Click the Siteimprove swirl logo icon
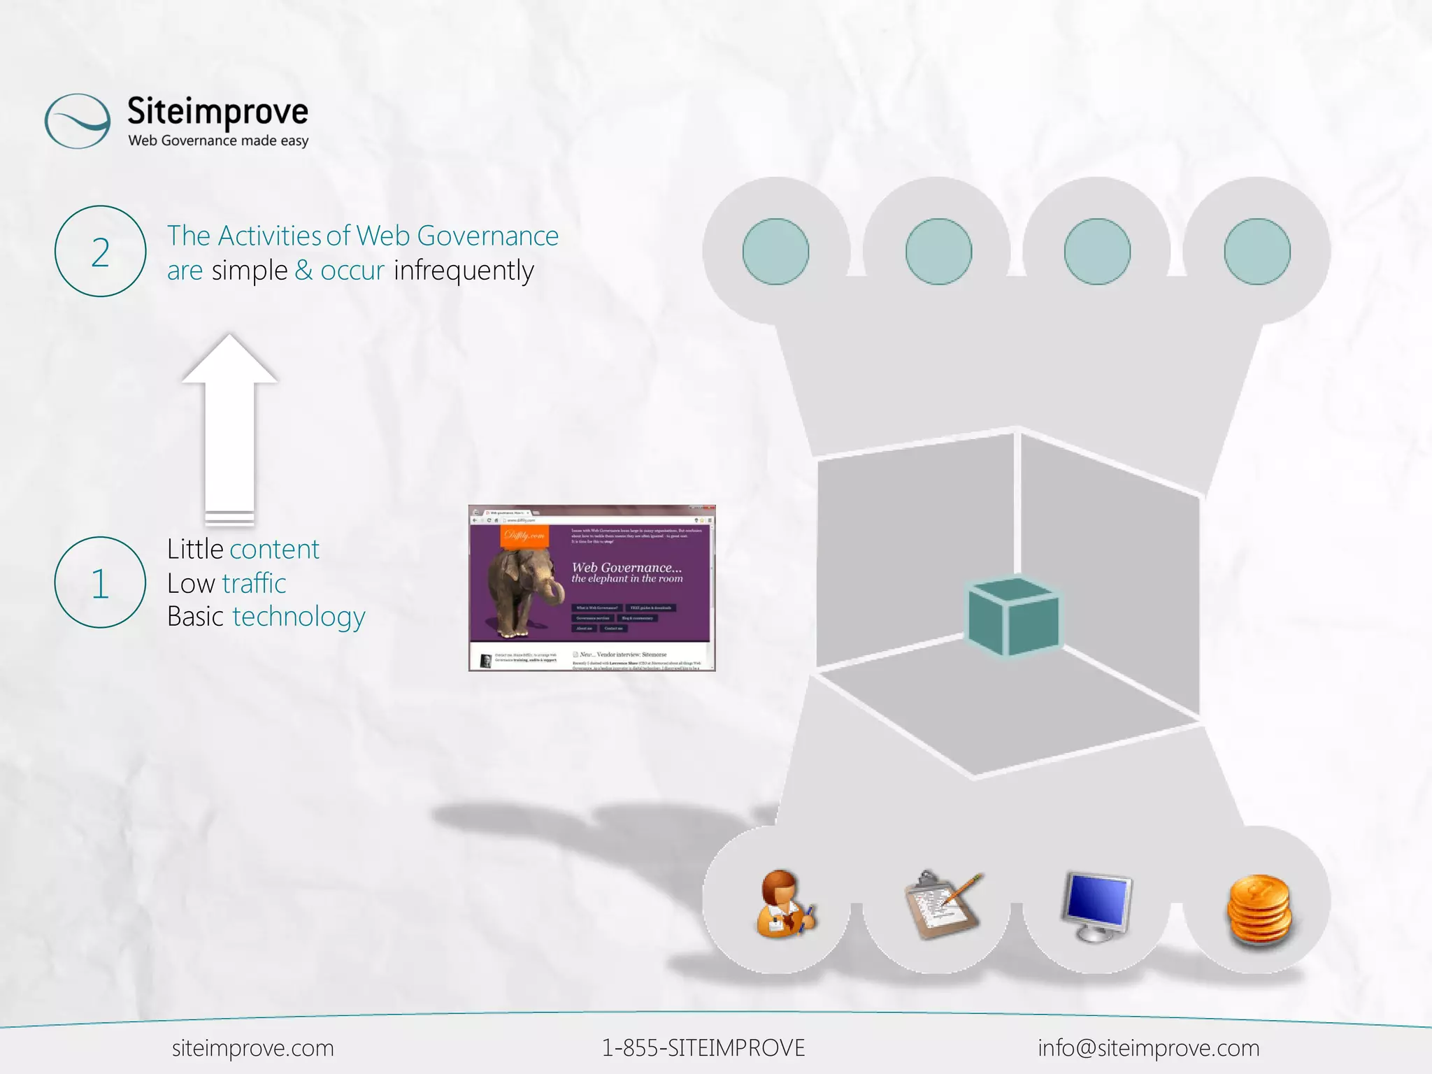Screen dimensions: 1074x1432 tap(77, 121)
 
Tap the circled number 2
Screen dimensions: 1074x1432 tap(100, 252)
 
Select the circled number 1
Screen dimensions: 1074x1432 tap(100, 582)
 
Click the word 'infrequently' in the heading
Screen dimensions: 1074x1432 tap(464, 271)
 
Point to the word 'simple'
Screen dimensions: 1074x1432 tap(250, 271)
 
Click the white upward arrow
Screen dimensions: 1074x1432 tap(229, 427)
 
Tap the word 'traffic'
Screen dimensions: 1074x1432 tap(254, 583)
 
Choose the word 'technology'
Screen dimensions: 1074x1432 tap(299, 617)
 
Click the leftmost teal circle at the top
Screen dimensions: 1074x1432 tap(775, 252)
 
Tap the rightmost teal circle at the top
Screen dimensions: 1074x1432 tap(1256, 252)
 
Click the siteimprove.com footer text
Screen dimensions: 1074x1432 tap(253, 1048)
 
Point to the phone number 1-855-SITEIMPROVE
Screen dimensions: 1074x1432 tap(703, 1048)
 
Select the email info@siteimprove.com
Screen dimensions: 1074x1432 tap(1148, 1048)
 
